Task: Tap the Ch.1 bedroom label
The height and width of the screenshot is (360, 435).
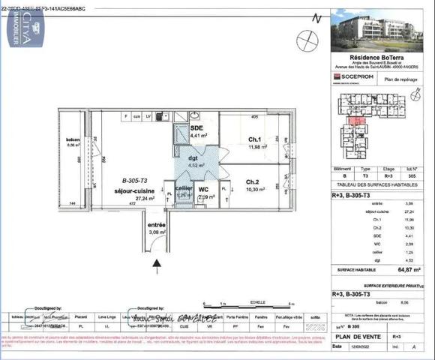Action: tap(255, 139)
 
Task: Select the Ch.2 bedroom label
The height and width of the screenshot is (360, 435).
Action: tap(252, 181)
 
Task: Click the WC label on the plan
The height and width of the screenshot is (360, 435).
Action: tap(202, 190)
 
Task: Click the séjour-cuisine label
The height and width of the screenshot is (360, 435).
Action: tap(133, 190)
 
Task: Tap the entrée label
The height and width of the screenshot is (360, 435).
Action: tap(156, 225)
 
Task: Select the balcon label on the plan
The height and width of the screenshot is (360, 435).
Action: tap(73, 140)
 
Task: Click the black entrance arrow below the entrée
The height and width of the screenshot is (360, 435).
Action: tap(157, 262)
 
